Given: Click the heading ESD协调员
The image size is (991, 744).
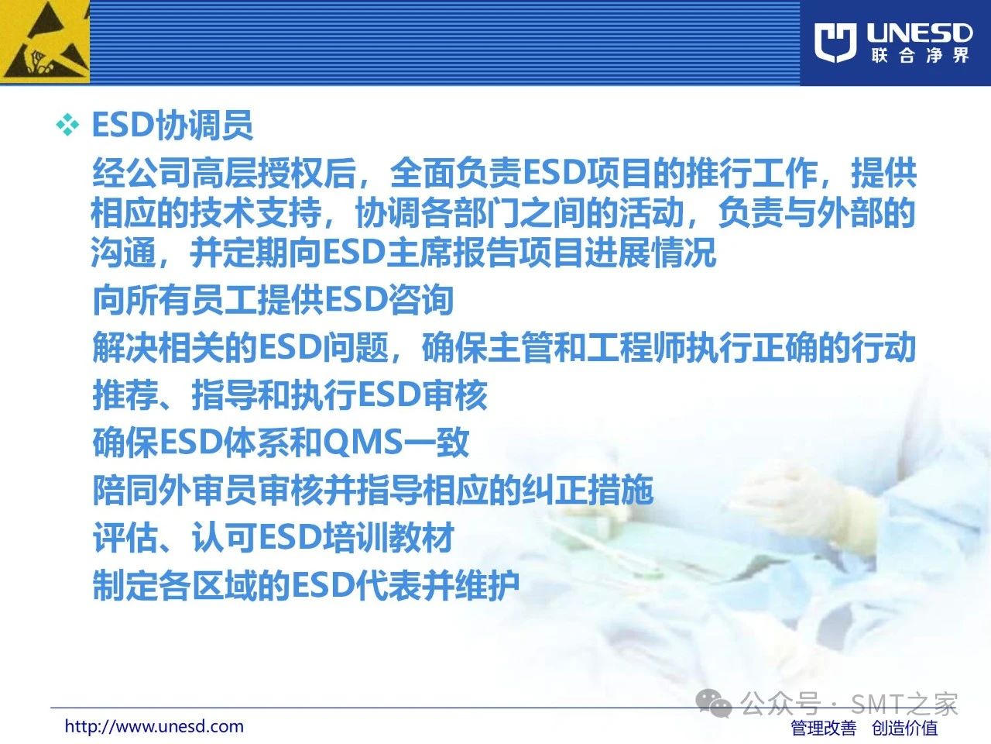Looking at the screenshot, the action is point(172,125).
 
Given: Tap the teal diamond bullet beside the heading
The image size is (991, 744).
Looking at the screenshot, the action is point(67,125).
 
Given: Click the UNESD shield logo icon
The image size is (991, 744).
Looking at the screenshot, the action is point(835,42).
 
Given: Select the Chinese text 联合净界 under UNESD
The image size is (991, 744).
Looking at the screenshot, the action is point(920,56).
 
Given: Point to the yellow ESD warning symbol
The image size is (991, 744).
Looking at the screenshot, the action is point(45,42).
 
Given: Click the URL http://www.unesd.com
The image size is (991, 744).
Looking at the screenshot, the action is point(154,726).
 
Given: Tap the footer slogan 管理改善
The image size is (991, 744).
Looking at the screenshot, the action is point(824,728).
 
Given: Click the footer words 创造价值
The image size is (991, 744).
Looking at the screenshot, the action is point(905,728).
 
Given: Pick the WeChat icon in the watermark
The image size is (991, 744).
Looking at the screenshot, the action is point(714,704).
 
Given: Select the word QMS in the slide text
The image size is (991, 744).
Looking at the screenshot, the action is point(362,441).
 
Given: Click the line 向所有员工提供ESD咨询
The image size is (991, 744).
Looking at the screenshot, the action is point(273,299).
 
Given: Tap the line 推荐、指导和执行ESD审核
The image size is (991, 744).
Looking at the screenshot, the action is point(290,394).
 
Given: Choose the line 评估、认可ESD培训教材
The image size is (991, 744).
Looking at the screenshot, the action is point(273,536).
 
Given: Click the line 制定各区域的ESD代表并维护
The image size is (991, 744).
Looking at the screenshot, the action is point(306,585).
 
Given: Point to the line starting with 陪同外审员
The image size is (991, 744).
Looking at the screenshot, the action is point(372,489).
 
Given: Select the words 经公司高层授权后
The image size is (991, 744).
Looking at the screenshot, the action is point(224,173).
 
